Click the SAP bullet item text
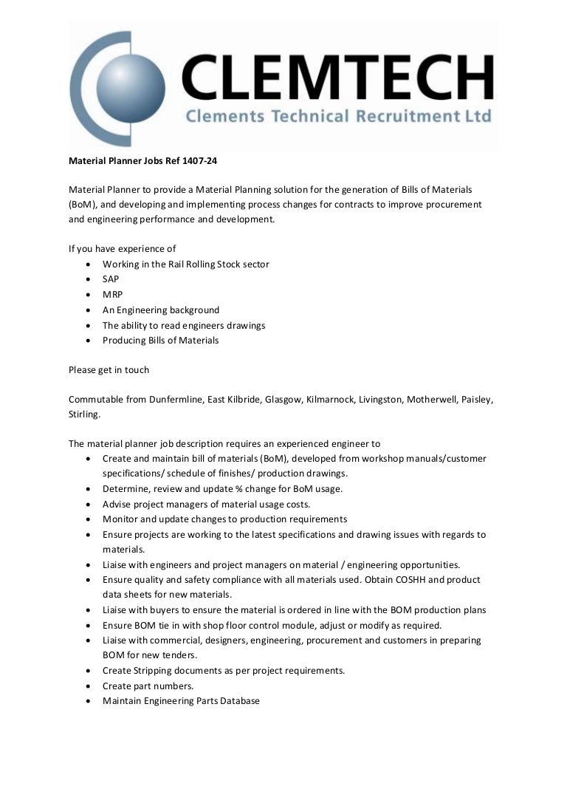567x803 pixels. pyautogui.click(x=111, y=280)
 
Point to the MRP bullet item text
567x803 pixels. pyautogui.click(x=112, y=295)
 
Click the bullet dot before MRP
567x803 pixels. pyautogui.click(x=89, y=295)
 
